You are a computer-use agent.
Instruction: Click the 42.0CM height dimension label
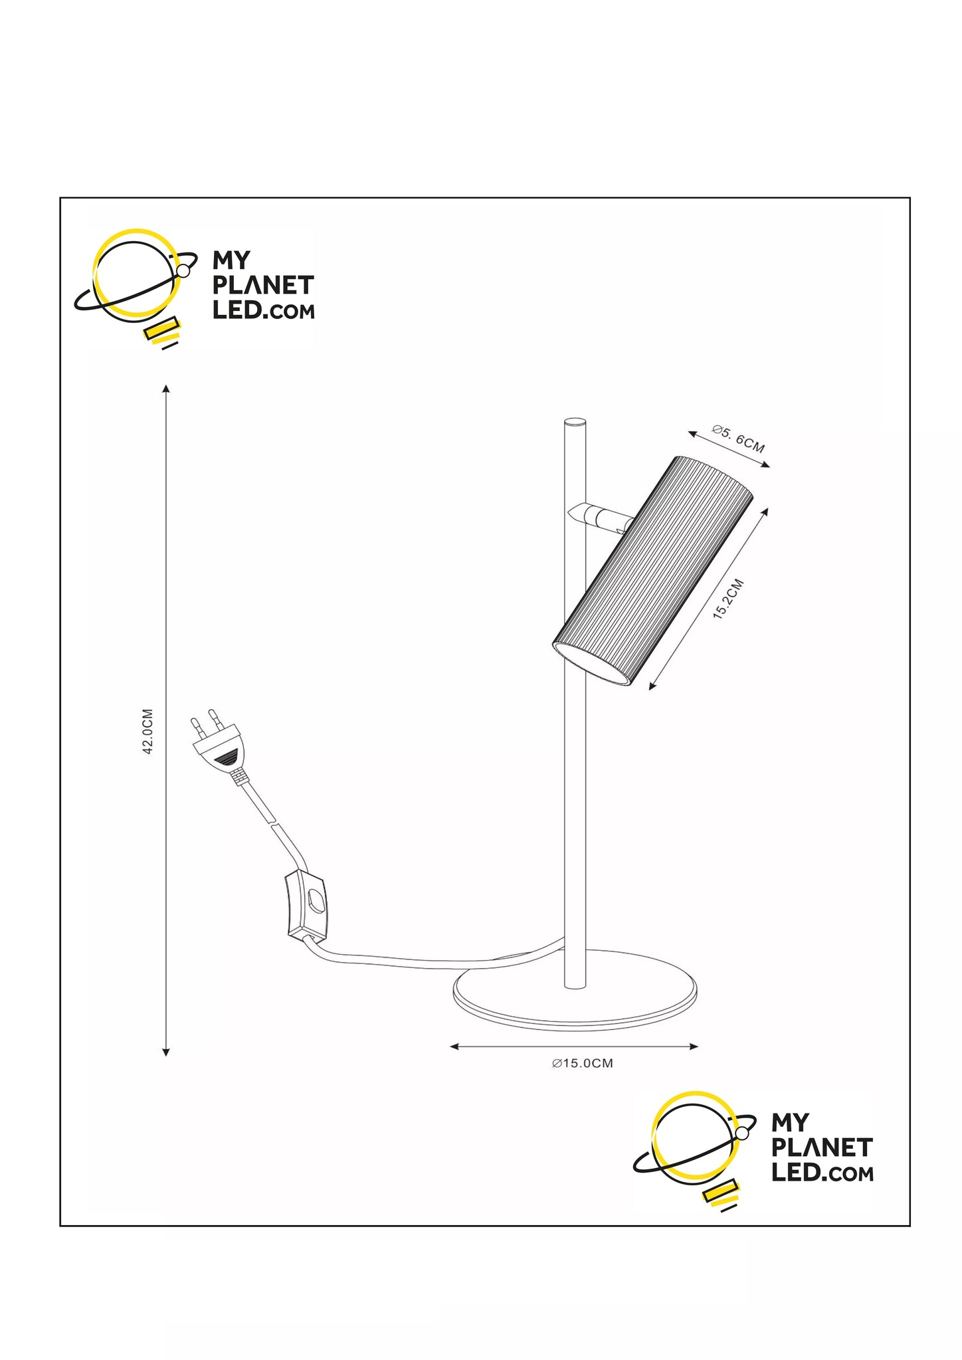click(x=148, y=731)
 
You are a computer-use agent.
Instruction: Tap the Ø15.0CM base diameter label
click(x=582, y=1064)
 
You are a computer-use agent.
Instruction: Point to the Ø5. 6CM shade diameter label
click(x=738, y=438)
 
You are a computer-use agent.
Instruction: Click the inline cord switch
click(x=306, y=906)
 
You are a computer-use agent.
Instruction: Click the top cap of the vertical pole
click(x=575, y=421)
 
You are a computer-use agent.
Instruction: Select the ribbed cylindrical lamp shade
click(x=652, y=571)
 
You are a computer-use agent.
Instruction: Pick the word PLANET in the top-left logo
click(x=263, y=286)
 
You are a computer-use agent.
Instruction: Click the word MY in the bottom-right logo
click(x=790, y=1123)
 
